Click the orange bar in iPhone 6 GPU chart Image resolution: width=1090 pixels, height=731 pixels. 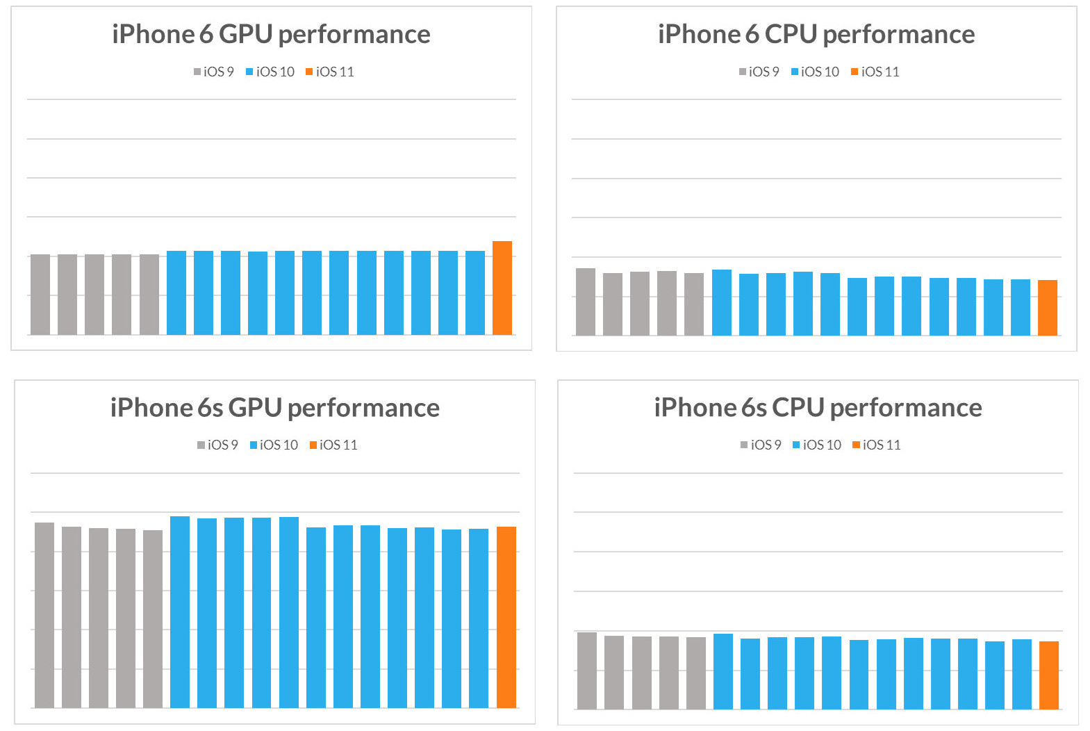[x=502, y=288]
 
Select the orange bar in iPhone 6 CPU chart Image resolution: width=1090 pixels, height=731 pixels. [x=1047, y=308]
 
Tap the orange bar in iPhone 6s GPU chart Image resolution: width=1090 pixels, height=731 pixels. [x=506, y=617]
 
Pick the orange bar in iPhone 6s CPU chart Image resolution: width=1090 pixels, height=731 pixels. [x=1048, y=675]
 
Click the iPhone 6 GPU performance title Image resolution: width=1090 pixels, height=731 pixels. [x=271, y=34]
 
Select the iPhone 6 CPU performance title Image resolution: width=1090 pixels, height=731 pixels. [x=816, y=34]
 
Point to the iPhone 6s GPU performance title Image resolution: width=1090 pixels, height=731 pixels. [x=274, y=408]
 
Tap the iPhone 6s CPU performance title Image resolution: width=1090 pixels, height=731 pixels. [x=818, y=408]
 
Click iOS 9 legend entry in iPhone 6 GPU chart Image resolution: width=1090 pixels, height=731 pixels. [x=214, y=72]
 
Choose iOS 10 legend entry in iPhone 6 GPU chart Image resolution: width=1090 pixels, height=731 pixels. [x=270, y=72]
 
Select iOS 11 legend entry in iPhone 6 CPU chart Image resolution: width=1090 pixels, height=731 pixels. [x=875, y=72]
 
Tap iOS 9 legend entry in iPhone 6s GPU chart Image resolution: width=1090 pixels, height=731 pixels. [x=217, y=445]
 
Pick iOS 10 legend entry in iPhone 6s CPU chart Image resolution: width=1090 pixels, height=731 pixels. [x=817, y=445]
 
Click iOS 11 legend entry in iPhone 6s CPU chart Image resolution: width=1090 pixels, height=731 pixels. [x=877, y=445]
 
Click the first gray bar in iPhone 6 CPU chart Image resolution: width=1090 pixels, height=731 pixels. [x=585, y=302]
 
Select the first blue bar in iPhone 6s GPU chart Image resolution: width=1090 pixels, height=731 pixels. [x=179, y=612]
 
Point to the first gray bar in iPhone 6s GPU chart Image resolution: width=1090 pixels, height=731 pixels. [x=44, y=615]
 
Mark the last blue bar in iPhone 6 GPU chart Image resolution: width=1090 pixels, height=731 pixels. [x=474, y=293]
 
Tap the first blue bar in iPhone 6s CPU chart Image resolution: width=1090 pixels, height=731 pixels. [x=722, y=671]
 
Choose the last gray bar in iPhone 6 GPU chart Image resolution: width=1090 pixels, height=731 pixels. [x=149, y=295]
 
